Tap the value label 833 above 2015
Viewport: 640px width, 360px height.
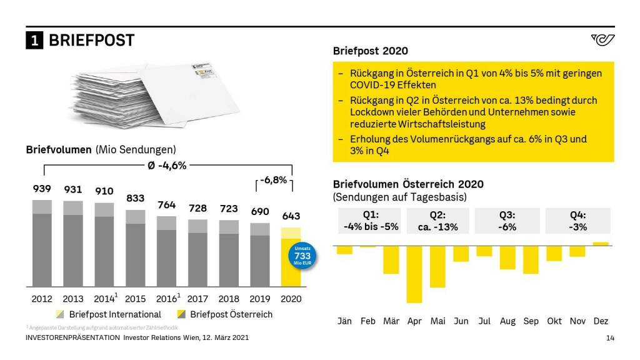135,198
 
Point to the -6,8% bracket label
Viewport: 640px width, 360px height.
273,180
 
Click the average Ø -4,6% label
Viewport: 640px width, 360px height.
167,166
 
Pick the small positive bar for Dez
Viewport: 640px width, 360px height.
601,244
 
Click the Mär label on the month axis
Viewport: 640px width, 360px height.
391,321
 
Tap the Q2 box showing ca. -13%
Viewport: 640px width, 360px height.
437,221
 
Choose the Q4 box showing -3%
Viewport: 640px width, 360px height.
578,221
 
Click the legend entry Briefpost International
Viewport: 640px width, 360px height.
108,314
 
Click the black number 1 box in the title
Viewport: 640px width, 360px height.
34,41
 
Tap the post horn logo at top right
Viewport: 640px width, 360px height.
602,41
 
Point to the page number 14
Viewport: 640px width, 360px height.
611,338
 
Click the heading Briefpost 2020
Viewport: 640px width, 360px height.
370,51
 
